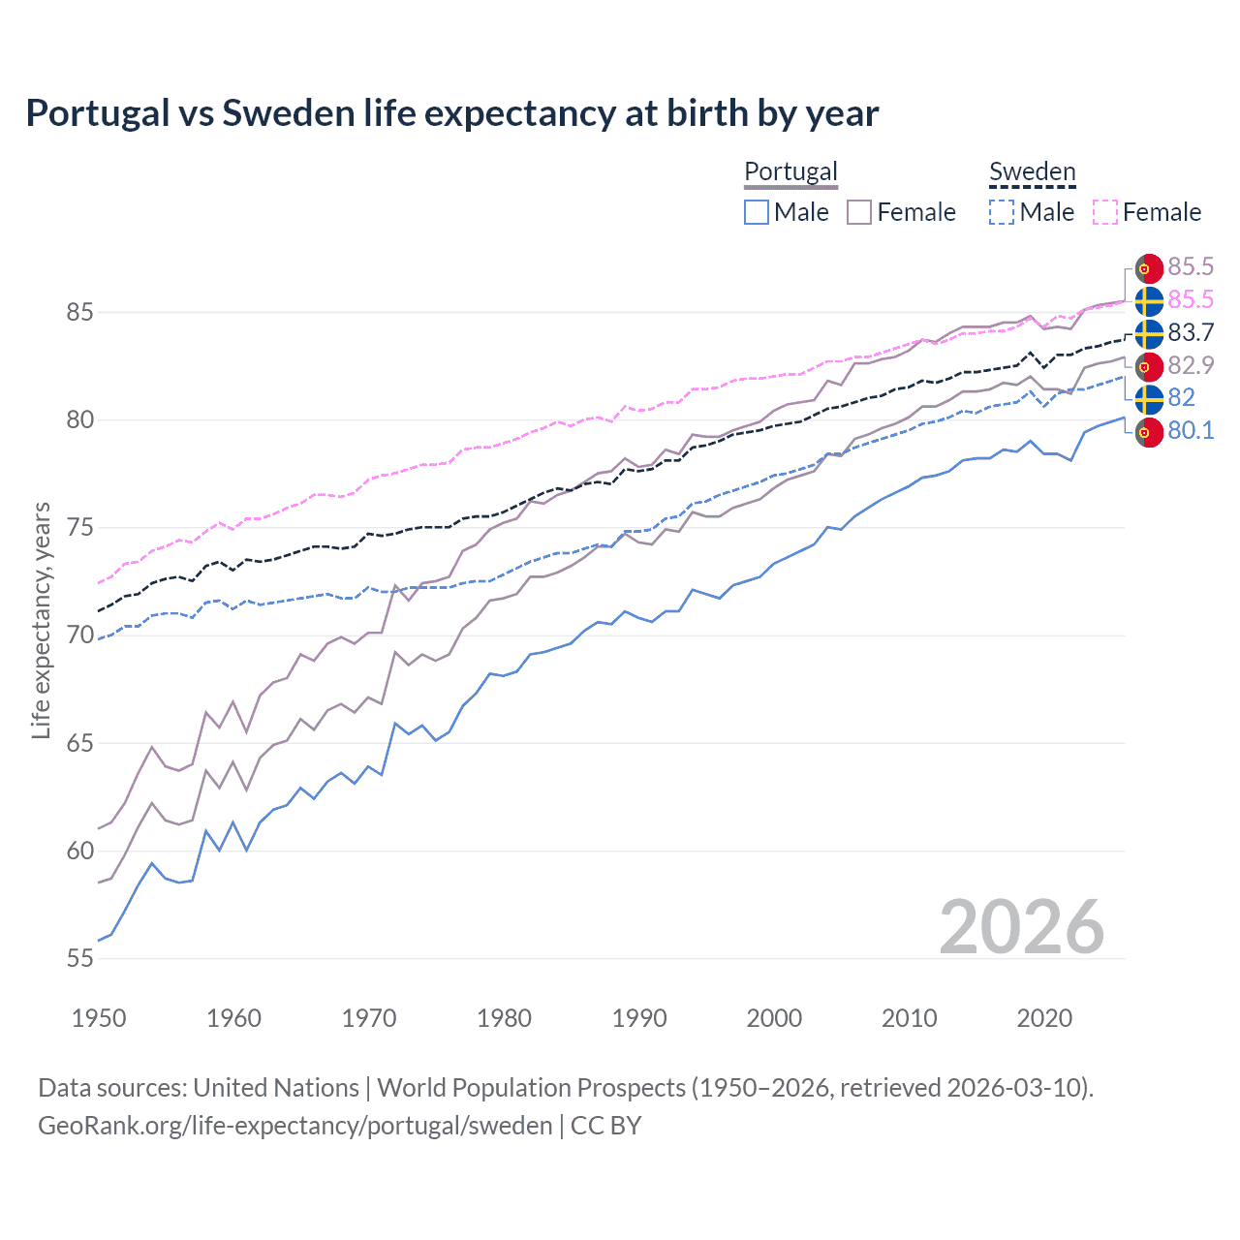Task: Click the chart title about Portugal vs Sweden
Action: [x=451, y=113]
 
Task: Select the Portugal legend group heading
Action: [x=790, y=171]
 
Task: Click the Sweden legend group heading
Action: [x=1032, y=171]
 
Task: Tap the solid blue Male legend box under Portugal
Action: [x=757, y=212]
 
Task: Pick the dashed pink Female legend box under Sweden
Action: [x=1105, y=212]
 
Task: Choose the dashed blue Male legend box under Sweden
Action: [x=1002, y=212]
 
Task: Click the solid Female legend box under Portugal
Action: [x=859, y=212]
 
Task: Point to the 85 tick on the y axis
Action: [x=79, y=313]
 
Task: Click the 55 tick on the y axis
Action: [x=79, y=959]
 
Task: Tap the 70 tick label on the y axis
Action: [x=79, y=635]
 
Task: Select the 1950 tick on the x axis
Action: [x=99, y=1018]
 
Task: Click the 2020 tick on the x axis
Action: [x=1044, y=1018]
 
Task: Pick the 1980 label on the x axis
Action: [x=504, y=1018]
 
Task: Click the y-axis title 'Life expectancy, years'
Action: [x=41, y=620]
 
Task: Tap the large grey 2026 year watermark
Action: [x=1021, y=927]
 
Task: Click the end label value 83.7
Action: [x=1191, y=333]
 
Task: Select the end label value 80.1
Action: [x=1191, y=431]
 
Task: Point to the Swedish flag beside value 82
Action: [x=1149, y=398]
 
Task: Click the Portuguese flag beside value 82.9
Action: [x=1149, y=366]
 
